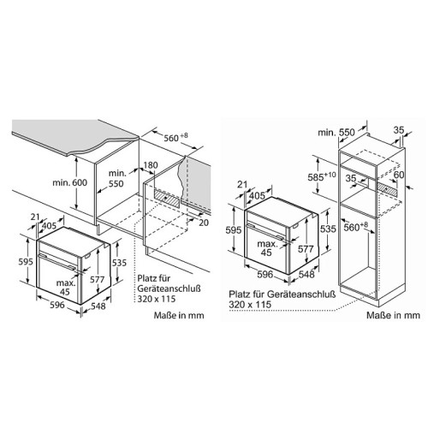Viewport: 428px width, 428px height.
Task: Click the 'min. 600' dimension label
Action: click(x=70, y=182)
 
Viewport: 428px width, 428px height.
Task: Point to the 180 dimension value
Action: click(x=150, y=165)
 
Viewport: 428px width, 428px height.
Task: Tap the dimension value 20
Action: click(x=204, y=223)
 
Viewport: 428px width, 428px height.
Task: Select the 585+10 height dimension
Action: click(x=322, y=176)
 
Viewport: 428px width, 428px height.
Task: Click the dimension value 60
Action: click(x=399, y=175)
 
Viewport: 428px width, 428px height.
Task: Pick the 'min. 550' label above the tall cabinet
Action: click(x=336, y=133)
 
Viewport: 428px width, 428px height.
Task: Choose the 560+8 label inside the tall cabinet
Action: click(x=355, y=227)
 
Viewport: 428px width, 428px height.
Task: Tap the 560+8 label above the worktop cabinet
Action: click(x=175, y=137)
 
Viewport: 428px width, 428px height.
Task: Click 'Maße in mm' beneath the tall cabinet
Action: click(x=393, y=315)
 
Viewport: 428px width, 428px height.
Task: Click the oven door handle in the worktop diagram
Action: click(x=57, y=262)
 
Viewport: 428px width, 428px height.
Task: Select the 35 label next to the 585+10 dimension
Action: click(x=351, y=178)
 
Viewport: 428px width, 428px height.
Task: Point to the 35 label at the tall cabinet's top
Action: click(x=399, y=130)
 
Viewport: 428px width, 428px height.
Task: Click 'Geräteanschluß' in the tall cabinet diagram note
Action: click(x=301, y=294)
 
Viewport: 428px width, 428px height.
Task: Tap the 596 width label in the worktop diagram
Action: click(x=57, y=305)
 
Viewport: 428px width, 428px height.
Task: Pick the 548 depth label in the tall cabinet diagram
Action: click(x=306, y=275)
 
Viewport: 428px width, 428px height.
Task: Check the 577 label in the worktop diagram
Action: click(x=98, y=279)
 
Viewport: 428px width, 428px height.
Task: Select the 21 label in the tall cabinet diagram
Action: click(x=242, y=184)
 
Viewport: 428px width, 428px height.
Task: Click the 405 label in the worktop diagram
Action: click(x=49, y=226)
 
